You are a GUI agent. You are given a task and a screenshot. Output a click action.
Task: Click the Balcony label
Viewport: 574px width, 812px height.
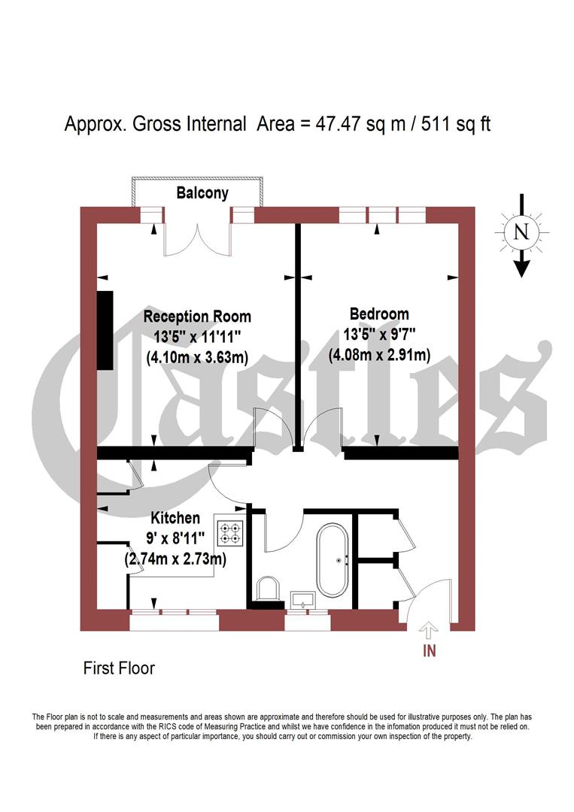202,193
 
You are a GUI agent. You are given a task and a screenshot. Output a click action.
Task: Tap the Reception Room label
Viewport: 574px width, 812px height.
197,316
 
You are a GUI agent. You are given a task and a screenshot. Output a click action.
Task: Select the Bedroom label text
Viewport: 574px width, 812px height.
379,314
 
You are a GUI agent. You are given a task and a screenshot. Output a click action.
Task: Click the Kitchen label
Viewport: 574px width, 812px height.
175,518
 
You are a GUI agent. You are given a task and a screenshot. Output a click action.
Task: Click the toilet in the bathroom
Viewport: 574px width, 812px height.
267,589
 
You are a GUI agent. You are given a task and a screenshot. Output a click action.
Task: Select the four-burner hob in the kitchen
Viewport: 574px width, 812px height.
229,532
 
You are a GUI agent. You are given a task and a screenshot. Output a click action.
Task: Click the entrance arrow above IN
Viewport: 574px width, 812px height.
429,629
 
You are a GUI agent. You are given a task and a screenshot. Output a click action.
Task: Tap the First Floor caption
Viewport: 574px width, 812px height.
119,668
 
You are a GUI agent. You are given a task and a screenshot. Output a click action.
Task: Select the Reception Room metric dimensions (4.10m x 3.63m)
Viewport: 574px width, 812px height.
197,358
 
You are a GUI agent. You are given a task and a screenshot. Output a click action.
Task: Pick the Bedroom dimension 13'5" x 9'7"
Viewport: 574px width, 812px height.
379,334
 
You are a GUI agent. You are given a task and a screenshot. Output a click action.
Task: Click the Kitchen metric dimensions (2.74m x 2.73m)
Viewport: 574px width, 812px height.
175,559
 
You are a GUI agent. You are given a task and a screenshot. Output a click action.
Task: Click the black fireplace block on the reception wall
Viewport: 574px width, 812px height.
105,329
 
